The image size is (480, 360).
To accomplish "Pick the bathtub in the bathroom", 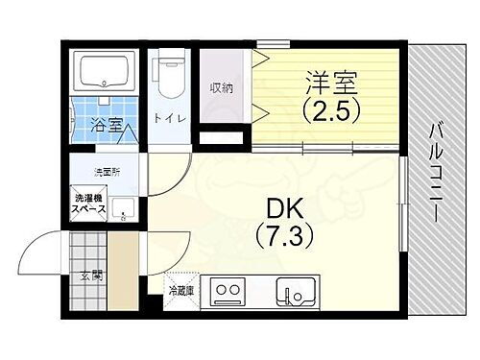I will (x=107, y=71).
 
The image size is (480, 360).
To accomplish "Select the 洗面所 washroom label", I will (x=106, y=172).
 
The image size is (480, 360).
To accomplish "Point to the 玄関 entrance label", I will (x=89, y=276).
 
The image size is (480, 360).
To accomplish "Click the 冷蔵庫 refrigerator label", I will (x=180, y=289).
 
